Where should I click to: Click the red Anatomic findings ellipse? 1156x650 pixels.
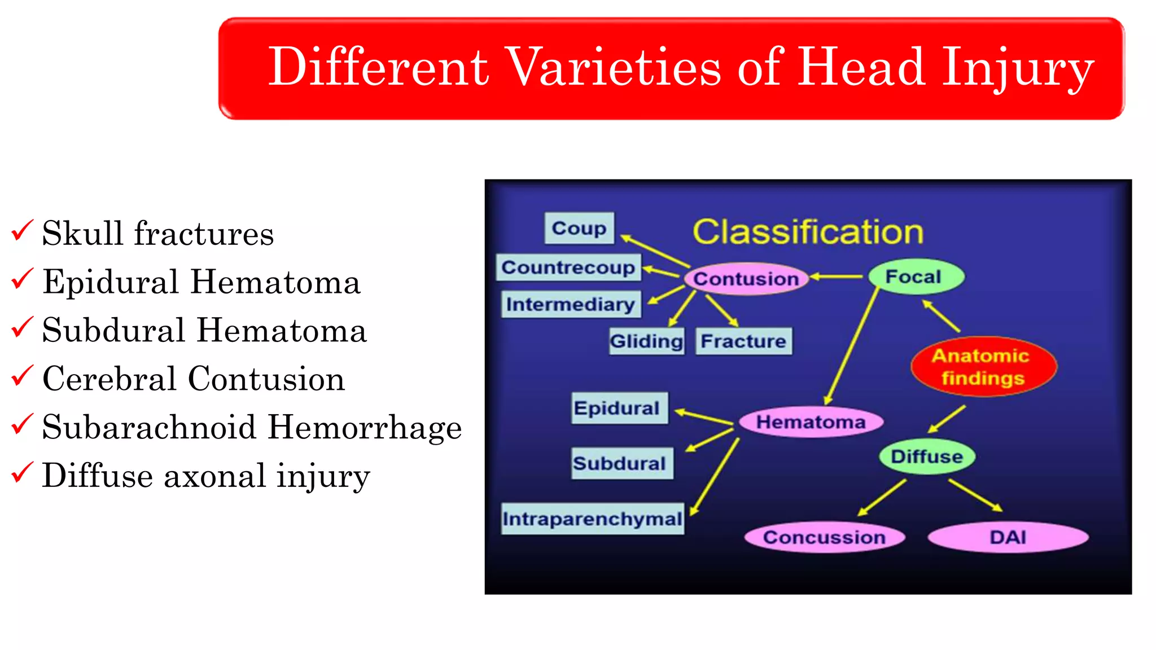pyautogui.click(x=983, y=367)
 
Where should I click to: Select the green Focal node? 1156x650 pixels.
pyautogui.click(x=916, y=276)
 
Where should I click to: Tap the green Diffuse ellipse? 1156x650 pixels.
pyautogui.click(x=927, y=456)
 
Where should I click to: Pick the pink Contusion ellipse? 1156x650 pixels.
pyautogui.click(x=746, y=278)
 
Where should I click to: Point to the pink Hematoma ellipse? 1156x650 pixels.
pyautogui.click(x=811, y=421)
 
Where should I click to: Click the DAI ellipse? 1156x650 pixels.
pyautogui.click(x=1008, y=537)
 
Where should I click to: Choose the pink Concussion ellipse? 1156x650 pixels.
pyautogui.click(x=824, y=537)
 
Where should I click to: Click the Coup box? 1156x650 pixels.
pyautogui.click(x=579, y=228)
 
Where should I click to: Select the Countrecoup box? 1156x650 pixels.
pyautogui.click(x=568, y=267)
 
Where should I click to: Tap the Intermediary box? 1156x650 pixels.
pyautogui.click(x=571, y=304)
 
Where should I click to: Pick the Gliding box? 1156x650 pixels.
pyautogui.click(x=647, y=341)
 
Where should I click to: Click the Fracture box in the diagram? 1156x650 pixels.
pyautogui.click(x=743, y=341)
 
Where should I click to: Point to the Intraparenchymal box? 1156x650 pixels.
pyautogui.click(x=592, y=518)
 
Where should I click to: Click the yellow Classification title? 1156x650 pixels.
pyautogui.click(x=808, y=231)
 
